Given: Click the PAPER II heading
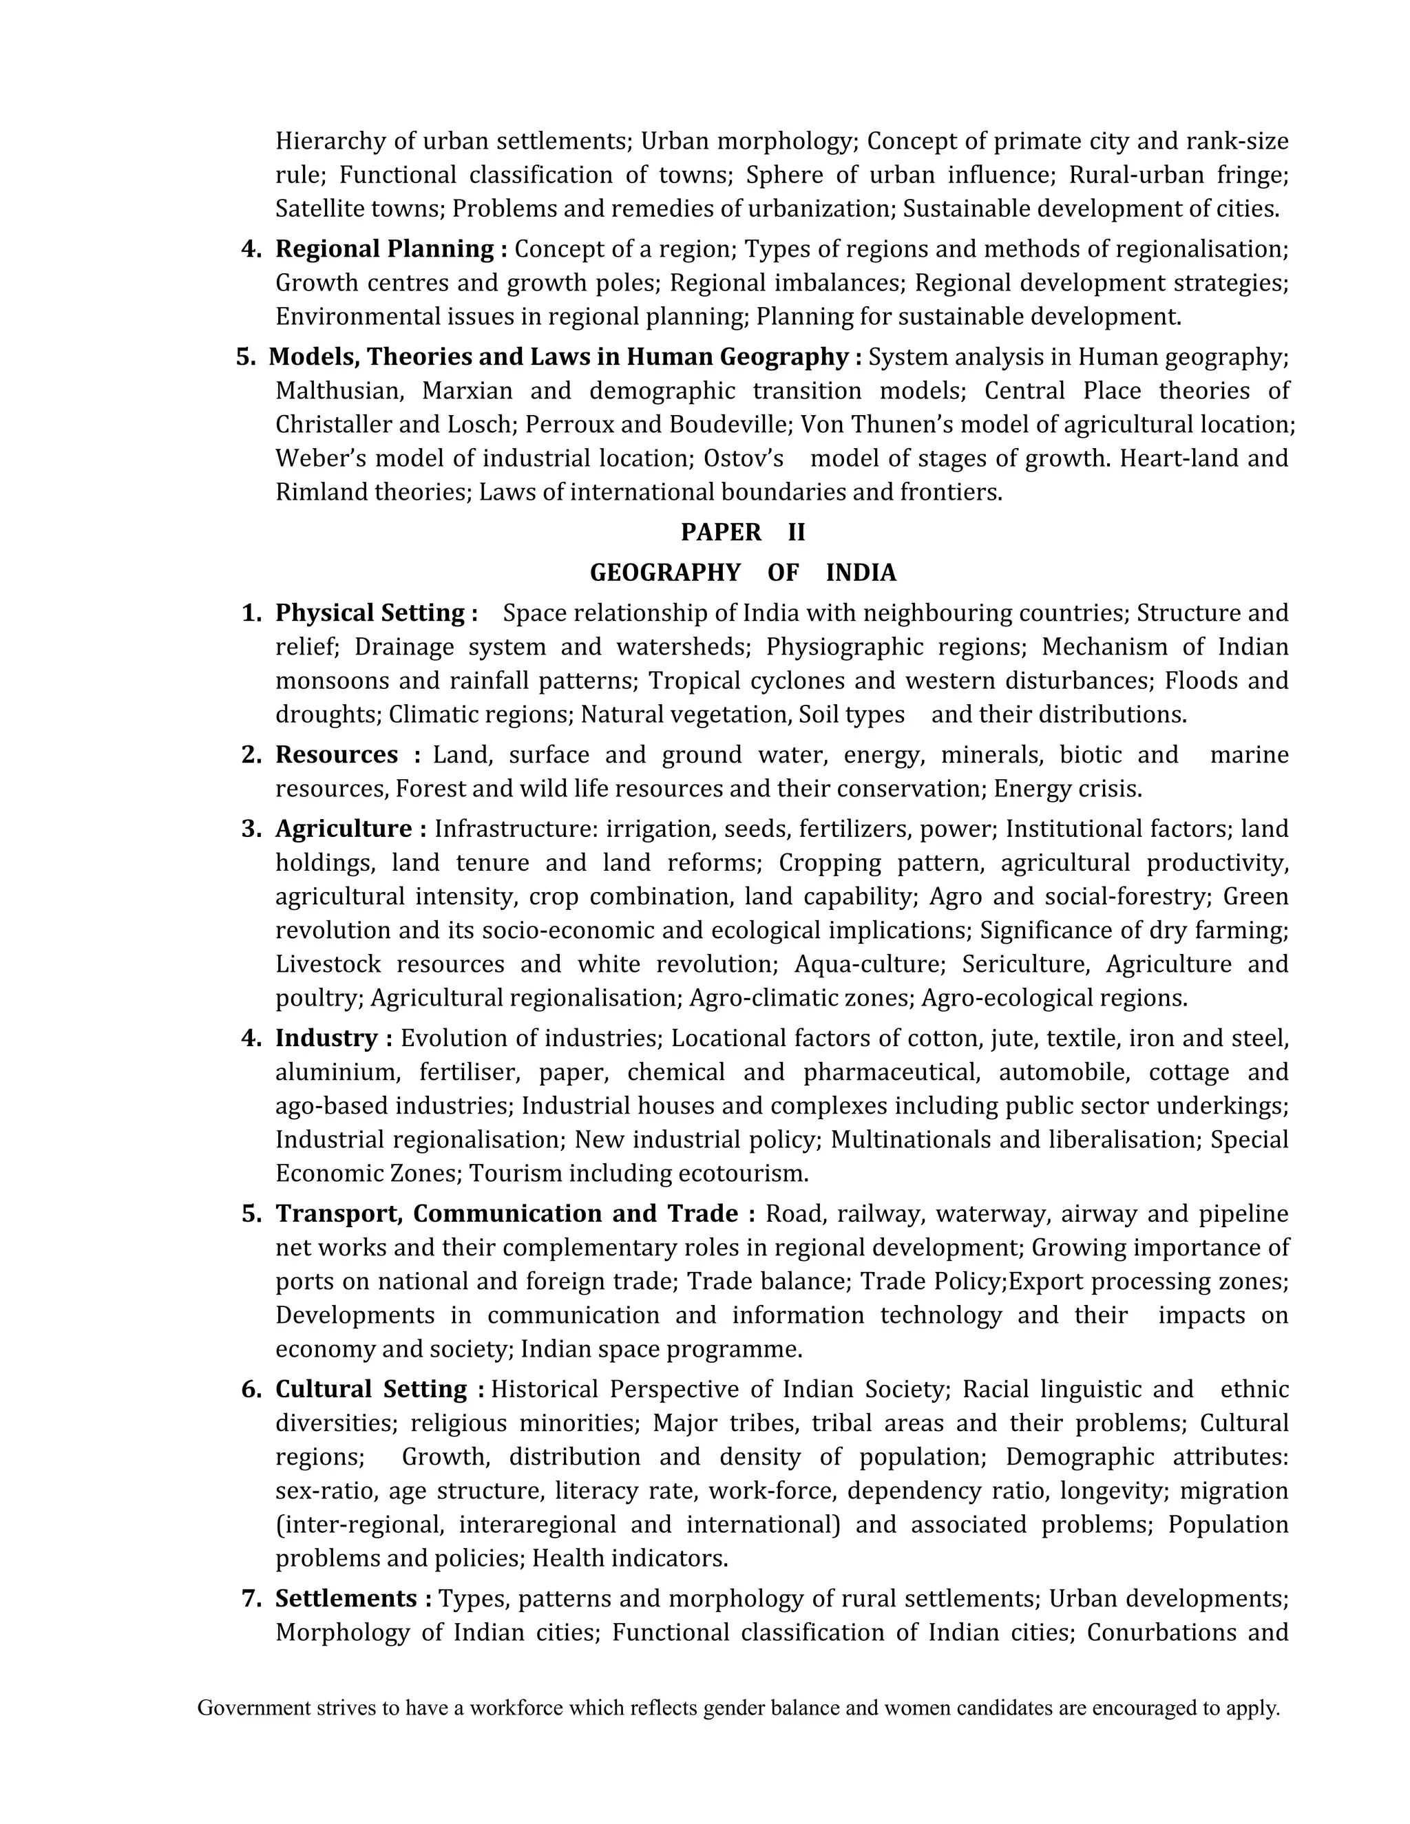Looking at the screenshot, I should [743, 532].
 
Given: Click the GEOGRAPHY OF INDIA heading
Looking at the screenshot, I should [743, 573].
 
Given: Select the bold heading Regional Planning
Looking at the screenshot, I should [384, 249].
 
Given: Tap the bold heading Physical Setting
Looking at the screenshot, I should [370, 613].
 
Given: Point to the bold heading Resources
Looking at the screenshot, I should [337, 755].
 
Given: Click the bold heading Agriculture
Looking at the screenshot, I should [344, 829].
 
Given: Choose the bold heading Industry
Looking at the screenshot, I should [326, 1038].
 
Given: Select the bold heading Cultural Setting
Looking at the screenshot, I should [371, 1389].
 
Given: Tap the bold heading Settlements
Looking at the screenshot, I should [346, 1598].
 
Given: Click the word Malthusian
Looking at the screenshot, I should [340, 391].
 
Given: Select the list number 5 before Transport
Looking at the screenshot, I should [251, 1213].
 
